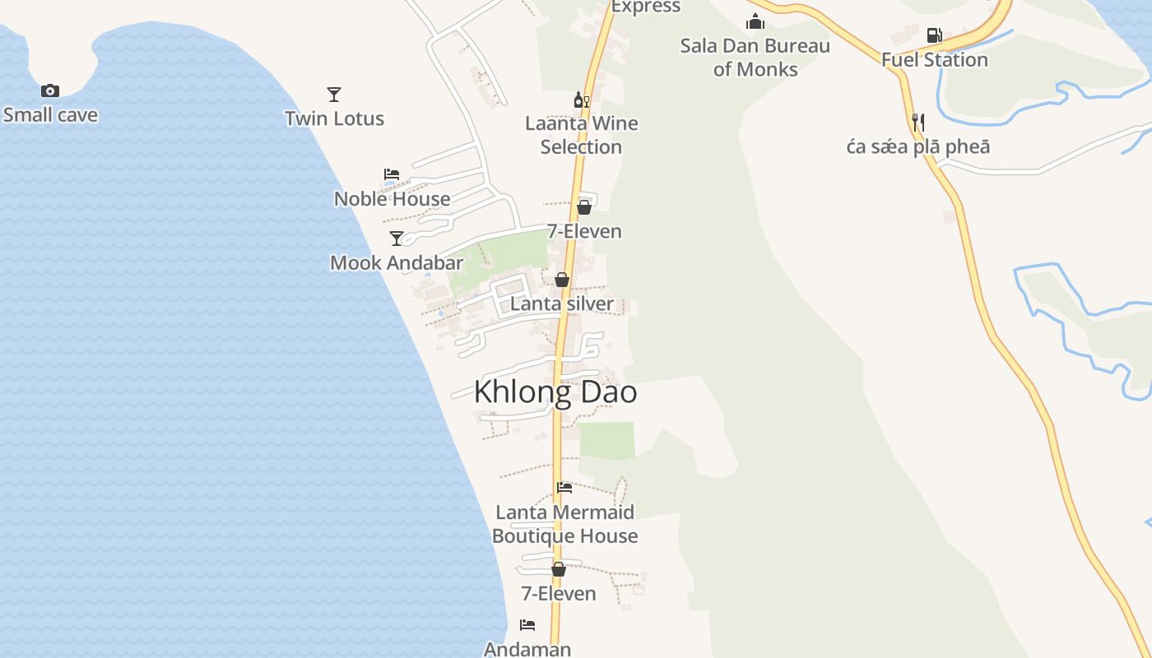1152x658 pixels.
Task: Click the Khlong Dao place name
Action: pyautogui.click(x=555, y=392)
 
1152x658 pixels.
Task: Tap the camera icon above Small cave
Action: pyautogui.click(x=50, y=90)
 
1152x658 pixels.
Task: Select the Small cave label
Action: pyautogui.click(x=50, y=115)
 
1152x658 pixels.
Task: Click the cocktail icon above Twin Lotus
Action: pyautogui.click(x=334, y=95)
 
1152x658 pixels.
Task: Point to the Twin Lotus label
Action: pyautogui.click(x=334, y=118)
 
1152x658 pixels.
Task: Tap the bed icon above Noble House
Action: pyautogui.click(x=392, y=174)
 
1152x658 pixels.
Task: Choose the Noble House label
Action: pyautogui.click(x=392, y=199)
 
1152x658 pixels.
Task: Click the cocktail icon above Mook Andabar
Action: pyautogui.click(x=397, y=239)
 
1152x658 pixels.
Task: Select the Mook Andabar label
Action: pyautogui.click(x=397, y=263)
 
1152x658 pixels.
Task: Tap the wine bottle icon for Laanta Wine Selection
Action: pyautogui.click(x=582, y=100)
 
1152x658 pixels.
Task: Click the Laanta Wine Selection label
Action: pyautogui.click(x=582, y=135)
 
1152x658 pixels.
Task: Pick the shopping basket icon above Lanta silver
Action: pyautogui.click(x=562, y=280)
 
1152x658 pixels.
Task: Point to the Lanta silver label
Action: pyautogui.click(x=562, y=304)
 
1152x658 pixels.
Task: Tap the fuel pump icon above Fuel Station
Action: pyautogui.click(x=934, y=35)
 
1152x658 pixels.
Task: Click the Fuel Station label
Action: pyautogui.click(x=934, y=60)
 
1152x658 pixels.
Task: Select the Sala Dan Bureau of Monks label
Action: pyautogui.click(x=755, y=58)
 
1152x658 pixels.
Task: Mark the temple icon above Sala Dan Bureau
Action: pyautogui.click(x=755, y=22)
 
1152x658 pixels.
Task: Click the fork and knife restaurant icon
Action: pyautogui.click(x=918, y=123)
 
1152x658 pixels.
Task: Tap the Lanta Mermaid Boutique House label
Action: pyautogui.click(x=565, y=524)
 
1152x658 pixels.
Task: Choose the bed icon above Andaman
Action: pyautogui.click(x=527, y=625)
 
